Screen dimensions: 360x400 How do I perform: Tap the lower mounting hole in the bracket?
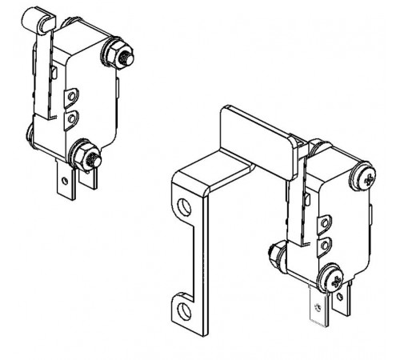tap(184, 307)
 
